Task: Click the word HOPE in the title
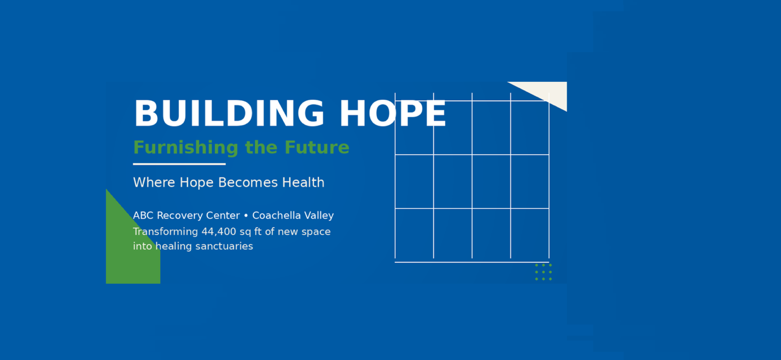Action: point(393,113)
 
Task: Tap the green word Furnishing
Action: point(186,147)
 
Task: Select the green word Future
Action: point(317,147)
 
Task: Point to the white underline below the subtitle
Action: point(179,164)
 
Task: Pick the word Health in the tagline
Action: point(303,183)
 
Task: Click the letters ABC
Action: point(143,215)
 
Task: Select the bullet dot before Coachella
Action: point(246,216)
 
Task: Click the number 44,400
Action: point(219,232)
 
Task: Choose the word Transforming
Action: point(166,232)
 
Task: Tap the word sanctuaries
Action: point(224,246)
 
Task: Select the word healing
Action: point(174,247)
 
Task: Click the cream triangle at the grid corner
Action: point(548,93)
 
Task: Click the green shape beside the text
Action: point(129,251)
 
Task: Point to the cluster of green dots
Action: point(543,272)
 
